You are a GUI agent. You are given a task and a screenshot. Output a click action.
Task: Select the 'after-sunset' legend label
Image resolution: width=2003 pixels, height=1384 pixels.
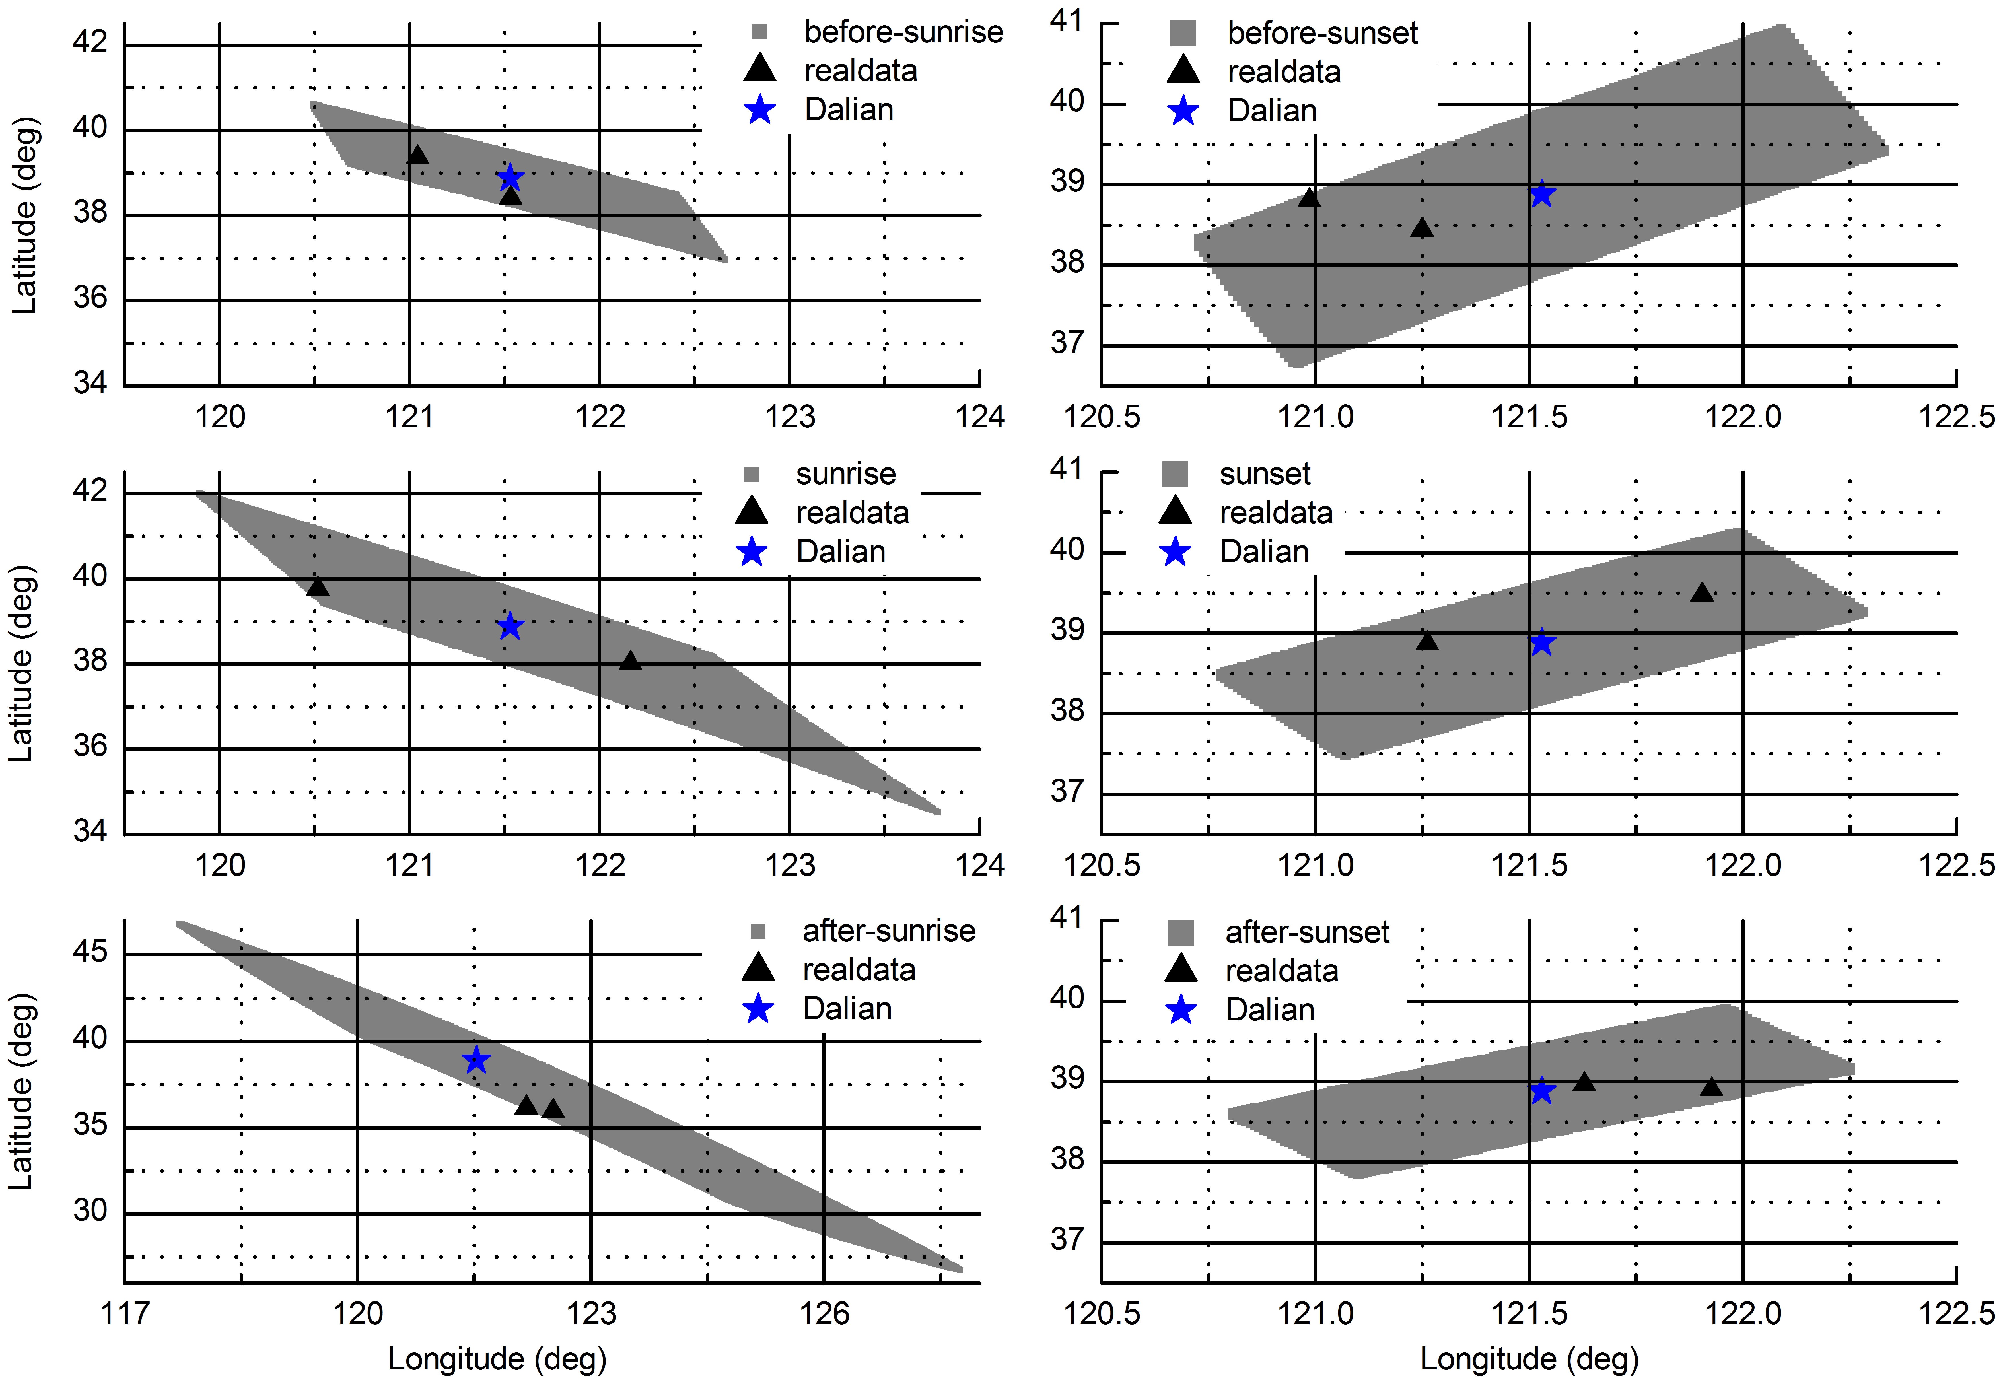tap(1307, 932)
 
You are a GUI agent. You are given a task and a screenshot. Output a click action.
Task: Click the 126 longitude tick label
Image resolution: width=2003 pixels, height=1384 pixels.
tap(824, 1314)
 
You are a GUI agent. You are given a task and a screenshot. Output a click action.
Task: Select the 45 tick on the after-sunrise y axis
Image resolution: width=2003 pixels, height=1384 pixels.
tap(90, 952)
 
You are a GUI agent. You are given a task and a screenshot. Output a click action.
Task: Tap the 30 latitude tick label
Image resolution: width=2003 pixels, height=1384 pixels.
tap(90, 1210)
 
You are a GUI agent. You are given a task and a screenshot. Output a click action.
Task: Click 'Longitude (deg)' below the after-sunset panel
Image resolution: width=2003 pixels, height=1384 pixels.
tap(1529, 1359)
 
